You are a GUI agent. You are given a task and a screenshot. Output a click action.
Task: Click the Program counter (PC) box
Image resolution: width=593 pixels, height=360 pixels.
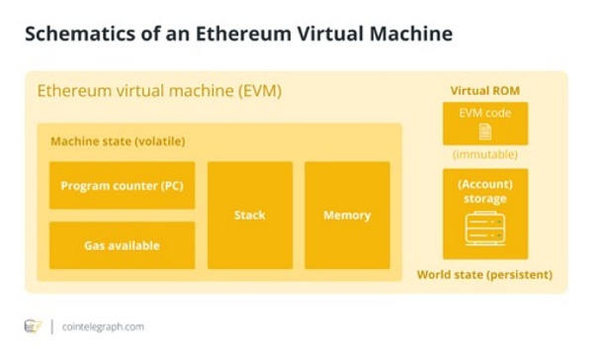(122, 185)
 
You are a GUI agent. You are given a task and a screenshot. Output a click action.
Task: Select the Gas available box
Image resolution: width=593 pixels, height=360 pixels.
(122, 245)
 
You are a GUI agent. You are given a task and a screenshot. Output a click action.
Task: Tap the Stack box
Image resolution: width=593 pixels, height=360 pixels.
(249, 215)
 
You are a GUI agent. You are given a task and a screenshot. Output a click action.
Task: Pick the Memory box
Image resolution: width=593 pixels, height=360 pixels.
(347, 215)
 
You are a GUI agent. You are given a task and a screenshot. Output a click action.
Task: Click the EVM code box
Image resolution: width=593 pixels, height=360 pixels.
(484, 123)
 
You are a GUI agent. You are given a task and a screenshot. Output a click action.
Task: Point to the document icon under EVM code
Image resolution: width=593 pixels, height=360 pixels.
(484, 132)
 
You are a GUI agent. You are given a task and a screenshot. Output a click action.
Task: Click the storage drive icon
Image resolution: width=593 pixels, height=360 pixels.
(484, 231)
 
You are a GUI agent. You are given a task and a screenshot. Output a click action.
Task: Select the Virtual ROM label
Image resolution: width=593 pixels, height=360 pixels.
(484, 90)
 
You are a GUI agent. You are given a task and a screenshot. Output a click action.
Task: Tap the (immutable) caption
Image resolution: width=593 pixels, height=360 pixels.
(484, 155)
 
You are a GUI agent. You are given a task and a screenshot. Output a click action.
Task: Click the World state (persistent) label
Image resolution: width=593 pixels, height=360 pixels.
(484, 274)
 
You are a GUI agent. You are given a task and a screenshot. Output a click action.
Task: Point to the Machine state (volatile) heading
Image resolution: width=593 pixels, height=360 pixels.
(118, 141)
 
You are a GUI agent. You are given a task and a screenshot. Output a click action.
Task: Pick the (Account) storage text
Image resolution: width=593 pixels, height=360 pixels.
(484, 191)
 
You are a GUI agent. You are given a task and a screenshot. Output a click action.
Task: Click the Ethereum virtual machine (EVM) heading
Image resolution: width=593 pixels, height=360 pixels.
(159, 91)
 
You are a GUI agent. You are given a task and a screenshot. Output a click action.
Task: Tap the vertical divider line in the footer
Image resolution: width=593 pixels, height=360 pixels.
(51, 325)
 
